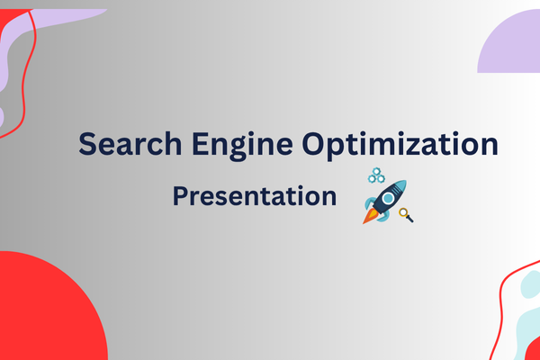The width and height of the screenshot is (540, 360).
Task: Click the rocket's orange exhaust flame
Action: pyautogui.click(x=368, y=218)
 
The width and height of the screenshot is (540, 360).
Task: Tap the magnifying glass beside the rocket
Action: pyautogui.click(x=406, y=214)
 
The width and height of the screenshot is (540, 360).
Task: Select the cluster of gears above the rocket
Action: pyautogui.click(x=376, y=175)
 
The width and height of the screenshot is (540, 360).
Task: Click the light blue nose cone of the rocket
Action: pyautogui.click(x=400, y=185)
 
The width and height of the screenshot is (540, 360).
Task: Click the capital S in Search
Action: pyautogui.click(x=86, y=145)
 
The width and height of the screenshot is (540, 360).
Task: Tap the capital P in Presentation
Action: pyautogui.click(x=180, y=195)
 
